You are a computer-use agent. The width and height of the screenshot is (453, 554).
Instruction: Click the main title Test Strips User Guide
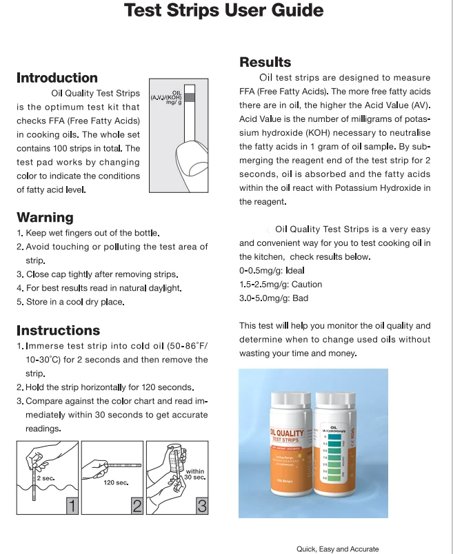(223, 10)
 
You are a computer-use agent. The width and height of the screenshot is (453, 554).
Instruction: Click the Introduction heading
(57, 78)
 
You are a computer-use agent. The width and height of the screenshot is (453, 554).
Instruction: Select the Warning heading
(45, 217)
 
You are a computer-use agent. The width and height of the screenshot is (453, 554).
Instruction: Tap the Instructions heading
(58, 330)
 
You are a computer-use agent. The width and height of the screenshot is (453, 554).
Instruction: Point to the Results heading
(265, 62)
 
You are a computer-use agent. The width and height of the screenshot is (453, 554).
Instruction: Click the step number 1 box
(72, 506)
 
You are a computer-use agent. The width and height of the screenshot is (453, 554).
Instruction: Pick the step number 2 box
(137, 506)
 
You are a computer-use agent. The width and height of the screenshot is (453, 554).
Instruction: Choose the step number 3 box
(202, 506)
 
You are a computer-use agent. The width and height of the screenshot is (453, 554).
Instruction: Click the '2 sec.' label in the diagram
(46, 478)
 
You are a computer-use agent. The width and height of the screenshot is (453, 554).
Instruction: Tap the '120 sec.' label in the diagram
(116, 482)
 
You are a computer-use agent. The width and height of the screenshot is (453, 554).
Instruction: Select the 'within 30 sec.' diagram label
(195, 474)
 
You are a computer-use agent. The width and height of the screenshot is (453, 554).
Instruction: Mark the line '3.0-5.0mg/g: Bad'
(274, 298)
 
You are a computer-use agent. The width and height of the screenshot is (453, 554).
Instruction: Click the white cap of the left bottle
(288, 400)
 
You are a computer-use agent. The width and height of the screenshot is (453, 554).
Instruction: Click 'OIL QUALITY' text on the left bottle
(286, 433)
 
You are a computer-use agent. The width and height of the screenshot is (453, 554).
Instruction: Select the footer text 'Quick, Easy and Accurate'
(337, 548)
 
